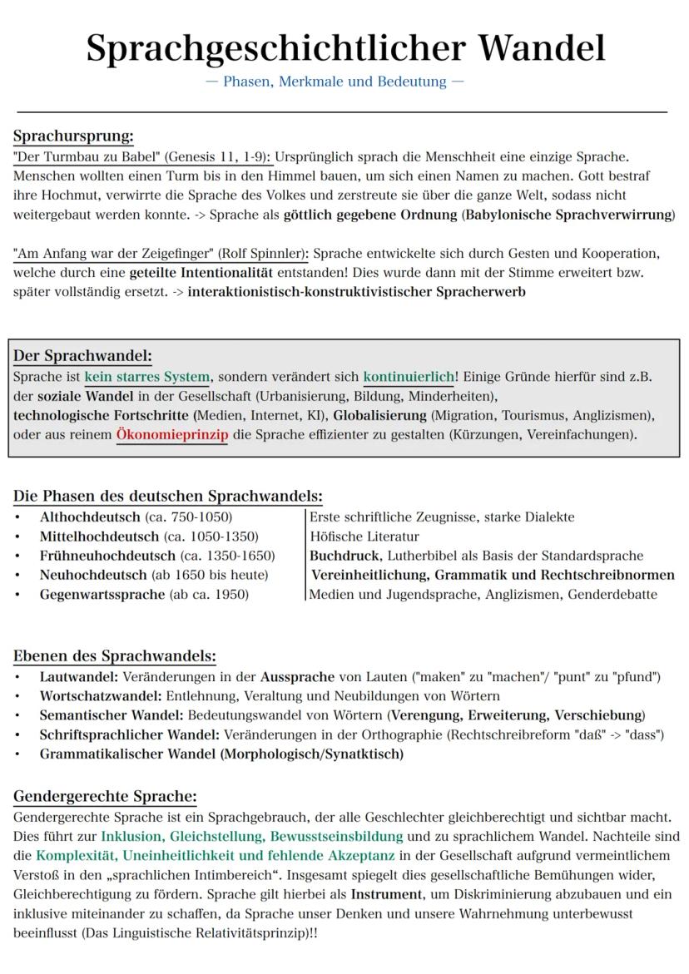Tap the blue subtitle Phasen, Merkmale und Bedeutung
344,82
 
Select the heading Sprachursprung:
73,136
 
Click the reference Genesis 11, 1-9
218,156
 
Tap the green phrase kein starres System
147,377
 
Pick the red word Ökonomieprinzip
172,436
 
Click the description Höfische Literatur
364,536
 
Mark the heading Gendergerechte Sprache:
105,796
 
